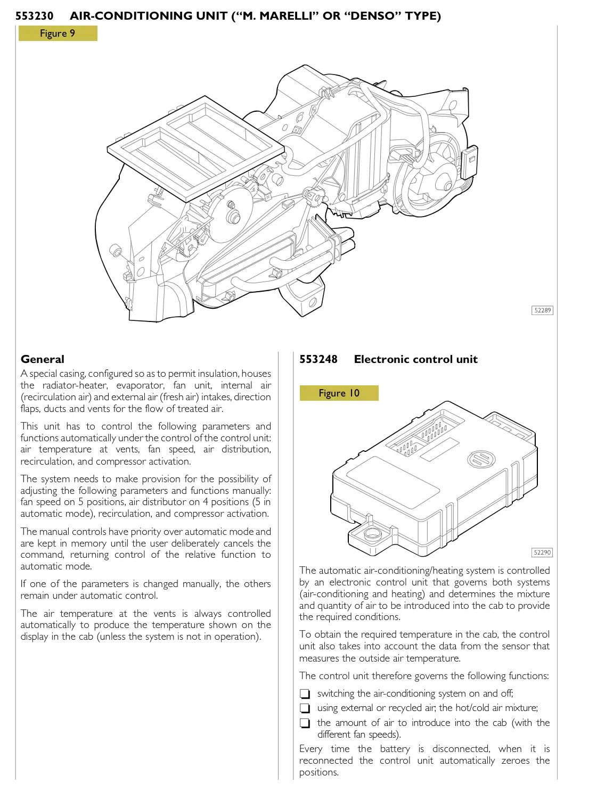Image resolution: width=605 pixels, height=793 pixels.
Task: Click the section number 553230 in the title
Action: tap(35, 16)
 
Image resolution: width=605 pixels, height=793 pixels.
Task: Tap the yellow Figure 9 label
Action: tap(58, 34)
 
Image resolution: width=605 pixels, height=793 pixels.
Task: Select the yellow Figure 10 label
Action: tap(339, 393)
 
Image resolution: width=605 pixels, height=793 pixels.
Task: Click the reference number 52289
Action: tap(542, 310)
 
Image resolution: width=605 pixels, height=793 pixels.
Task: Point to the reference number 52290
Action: tap(542, 552)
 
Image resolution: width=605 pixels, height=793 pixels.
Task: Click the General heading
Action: tap(43, 359)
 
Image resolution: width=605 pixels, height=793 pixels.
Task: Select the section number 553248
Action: tap(318, 359)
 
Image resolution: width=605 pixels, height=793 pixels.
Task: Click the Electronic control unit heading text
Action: tap(415, 359)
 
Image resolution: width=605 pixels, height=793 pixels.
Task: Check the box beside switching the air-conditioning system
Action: tap(305, 694)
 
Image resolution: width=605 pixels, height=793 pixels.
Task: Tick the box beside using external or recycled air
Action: tap(305, 708)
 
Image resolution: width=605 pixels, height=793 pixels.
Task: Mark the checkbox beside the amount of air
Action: tap(305, 723)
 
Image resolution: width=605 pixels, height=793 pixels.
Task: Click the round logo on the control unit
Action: tap(481, 459)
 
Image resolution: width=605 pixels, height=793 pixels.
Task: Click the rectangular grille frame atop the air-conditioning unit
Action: tap(196, 149)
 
